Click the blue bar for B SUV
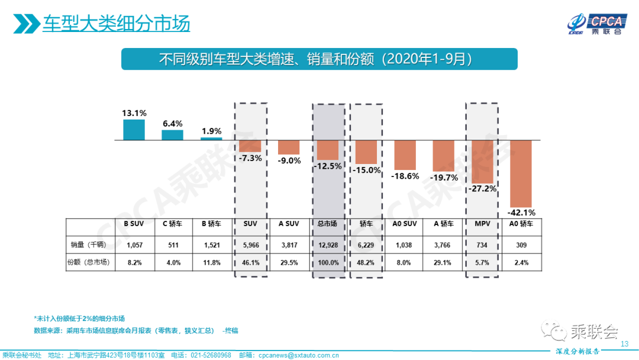click(x=134, y=130)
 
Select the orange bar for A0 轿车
click(x=521, y=173)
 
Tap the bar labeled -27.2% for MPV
click(x=482, y=162)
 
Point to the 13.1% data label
click(x=134, y=113)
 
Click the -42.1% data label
click(x=521, y=213)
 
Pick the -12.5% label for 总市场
click(x=328, y=166)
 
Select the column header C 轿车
click(x=173, y=224)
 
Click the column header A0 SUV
click(x=405, y=224)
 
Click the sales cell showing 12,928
click(x=328, y=244)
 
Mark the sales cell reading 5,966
click(x=250, y=244)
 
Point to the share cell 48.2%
click(x=366, y=262)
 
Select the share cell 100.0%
click(x=328, y=262)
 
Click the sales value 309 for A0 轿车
click(x=521, y=244)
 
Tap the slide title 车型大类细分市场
click(x=116, y=24)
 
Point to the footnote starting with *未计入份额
click(x=79, y=318)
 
